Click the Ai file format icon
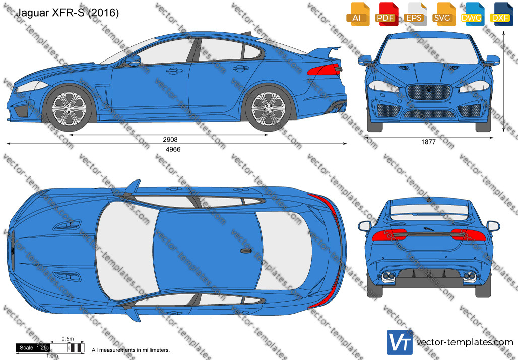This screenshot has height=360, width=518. click(x=357, y=14)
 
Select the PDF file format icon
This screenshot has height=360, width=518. click(x=386, y=14)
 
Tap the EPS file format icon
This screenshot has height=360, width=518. click(x=414, y=14)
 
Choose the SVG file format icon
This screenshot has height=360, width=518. click(x=443, y=14)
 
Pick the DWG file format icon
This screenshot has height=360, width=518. click(x=472, y=14)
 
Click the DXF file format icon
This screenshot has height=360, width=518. click(x=500, y=14)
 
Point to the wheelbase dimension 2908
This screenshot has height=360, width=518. click(x=170, y=140)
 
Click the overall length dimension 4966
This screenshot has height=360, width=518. click(x=173, y=149)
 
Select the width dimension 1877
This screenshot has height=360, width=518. click(x=428, y=142)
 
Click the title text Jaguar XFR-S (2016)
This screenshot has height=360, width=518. click(x=68, y=13)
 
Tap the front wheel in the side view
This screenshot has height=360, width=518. click(x=69, y=108)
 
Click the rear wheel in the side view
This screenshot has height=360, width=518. click(x=268, y=108)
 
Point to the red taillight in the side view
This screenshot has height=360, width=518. click(x=325, y=69)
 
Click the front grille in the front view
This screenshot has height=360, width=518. click(x=429, y=92)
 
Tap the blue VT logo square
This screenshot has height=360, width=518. click(x=400, y=342)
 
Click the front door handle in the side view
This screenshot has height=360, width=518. click(x=174, y=71)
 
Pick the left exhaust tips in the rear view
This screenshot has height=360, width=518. click(x=388, y=277)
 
